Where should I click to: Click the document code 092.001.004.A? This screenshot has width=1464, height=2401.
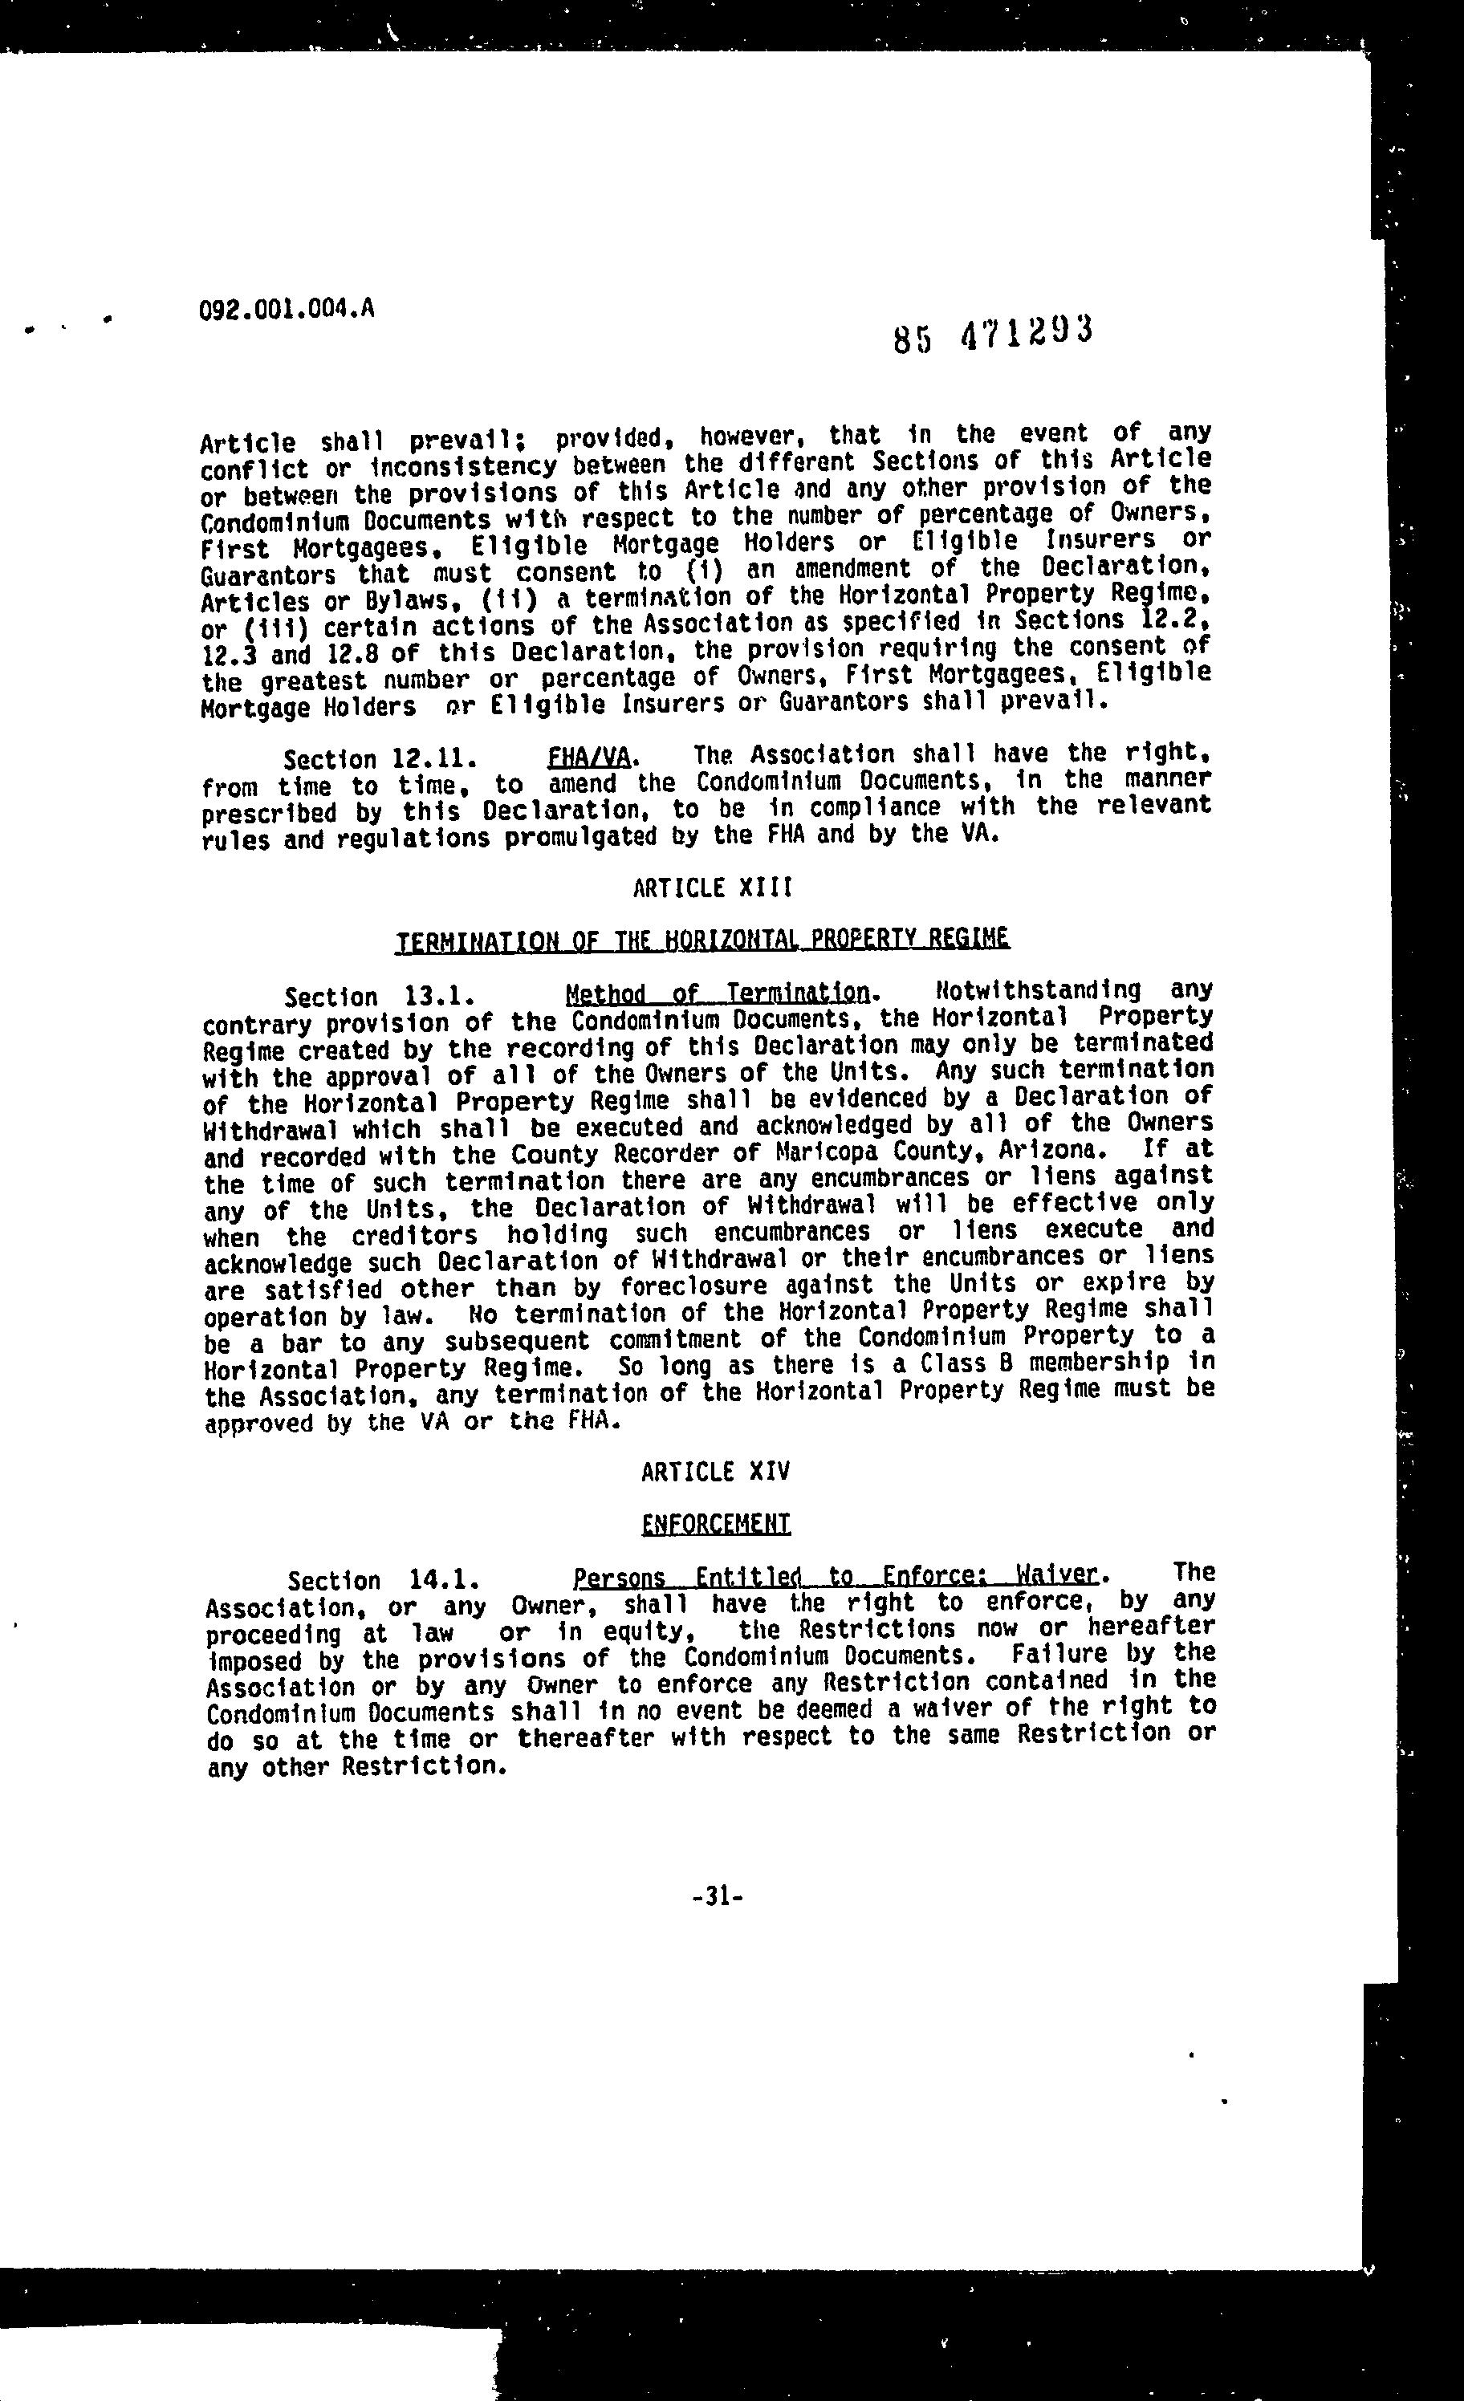coord(286,310)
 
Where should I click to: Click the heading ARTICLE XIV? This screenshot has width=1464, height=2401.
coord(714,1472)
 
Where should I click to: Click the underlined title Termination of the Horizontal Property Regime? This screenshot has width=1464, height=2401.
coord(701,940)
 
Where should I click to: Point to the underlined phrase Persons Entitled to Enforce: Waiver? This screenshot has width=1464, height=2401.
coord(836,1577)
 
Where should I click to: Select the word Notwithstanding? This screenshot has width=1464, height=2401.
coord(1037,991)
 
